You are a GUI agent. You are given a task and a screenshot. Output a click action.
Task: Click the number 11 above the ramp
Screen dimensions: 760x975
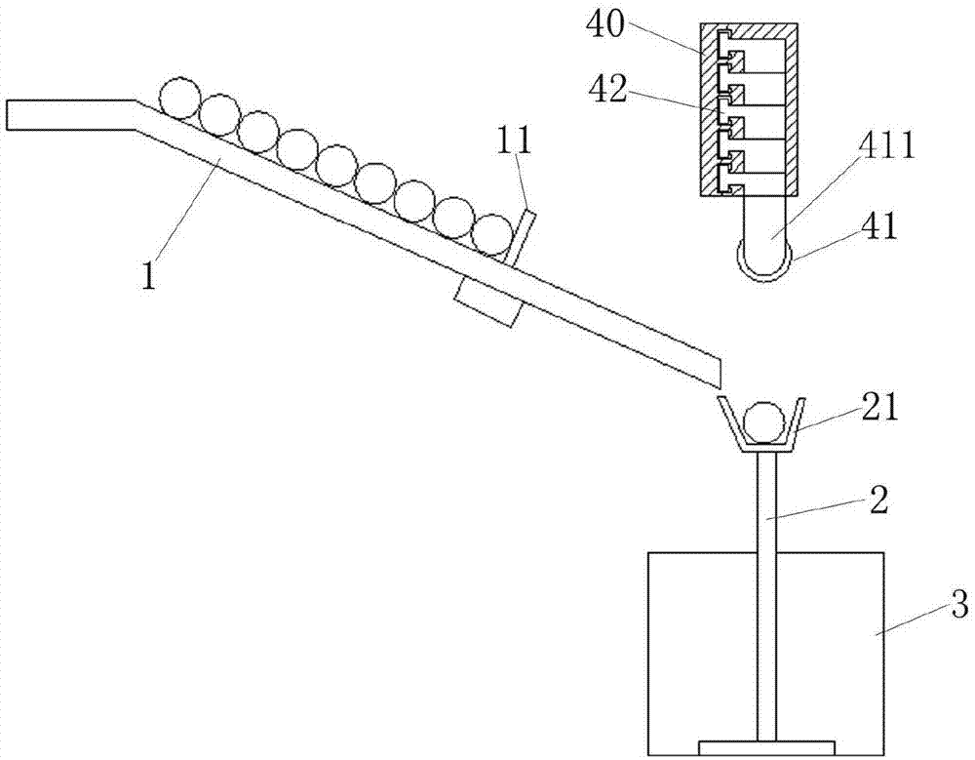tap(513, 142)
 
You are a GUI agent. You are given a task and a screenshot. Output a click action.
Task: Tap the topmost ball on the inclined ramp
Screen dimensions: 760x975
tap(180, 99)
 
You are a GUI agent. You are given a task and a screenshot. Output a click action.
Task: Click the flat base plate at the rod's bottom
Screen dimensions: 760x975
tap(765, 749)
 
